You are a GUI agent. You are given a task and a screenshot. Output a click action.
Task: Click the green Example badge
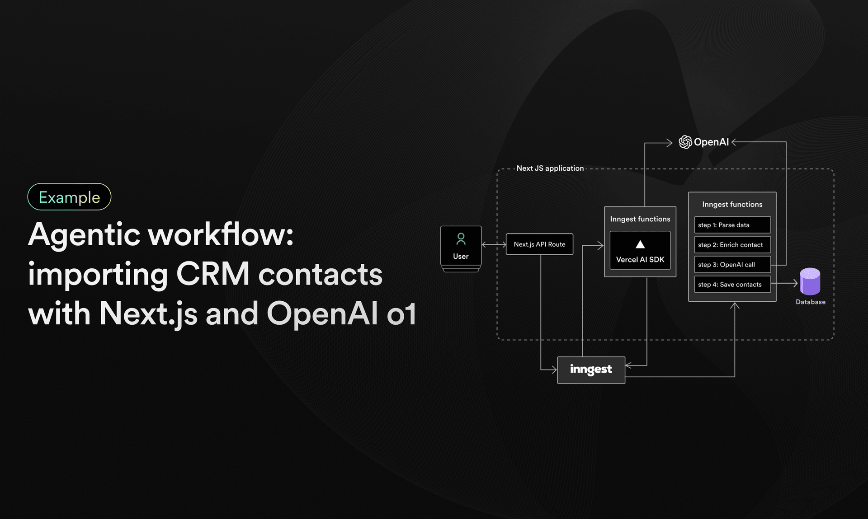pyautogui.click(x=69, y=197)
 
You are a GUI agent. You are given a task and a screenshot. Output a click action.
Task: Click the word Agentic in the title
pyautogui.click(x=84, y=235)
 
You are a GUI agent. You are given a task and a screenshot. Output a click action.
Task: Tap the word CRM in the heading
pyautogui.click(x=212, y=274)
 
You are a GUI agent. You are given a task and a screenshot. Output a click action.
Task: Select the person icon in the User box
pyautogui.click(x=461, y=238)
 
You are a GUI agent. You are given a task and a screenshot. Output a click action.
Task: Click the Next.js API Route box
pyautogui.click(x=539, y=244)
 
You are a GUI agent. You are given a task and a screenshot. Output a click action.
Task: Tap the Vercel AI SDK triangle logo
pyautogui.click(x=640, y=245)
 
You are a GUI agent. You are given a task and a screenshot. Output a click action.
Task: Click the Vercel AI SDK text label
pyautogui.click(x=640, y=260)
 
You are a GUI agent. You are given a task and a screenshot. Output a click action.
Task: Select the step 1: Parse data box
pyautogui.click(x=732, y=225)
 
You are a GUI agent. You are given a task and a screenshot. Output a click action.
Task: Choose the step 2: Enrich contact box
pyautogui.click(x=732, y=245)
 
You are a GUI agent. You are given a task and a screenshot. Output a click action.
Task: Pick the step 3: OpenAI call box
pyautogui.click(x=732, y=265)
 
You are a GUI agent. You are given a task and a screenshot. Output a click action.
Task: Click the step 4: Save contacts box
pyautogui.click(x=732, y=285)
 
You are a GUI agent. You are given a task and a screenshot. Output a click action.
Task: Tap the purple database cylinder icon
pyautogui.click(x=810, y=281)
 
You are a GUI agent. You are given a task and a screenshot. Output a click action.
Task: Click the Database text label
pyautogui.click(x=810, y=302)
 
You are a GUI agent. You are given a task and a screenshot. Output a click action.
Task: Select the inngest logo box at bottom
pyautogui.click(x=591, y=370)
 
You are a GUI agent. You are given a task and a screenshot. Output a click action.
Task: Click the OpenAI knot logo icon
pyautogui.click(x=685, y=142)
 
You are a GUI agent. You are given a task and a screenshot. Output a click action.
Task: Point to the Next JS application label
pyautogui.click(x=550, y=168)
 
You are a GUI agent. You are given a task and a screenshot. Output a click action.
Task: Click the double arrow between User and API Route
pyautogui.click(x=494, y=244)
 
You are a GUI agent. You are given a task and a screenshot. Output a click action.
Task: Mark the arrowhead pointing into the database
pyautogui.click(x=795, y=284)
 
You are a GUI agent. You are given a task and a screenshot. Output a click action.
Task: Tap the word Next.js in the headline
pyautogui.click(x=148, y=313)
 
